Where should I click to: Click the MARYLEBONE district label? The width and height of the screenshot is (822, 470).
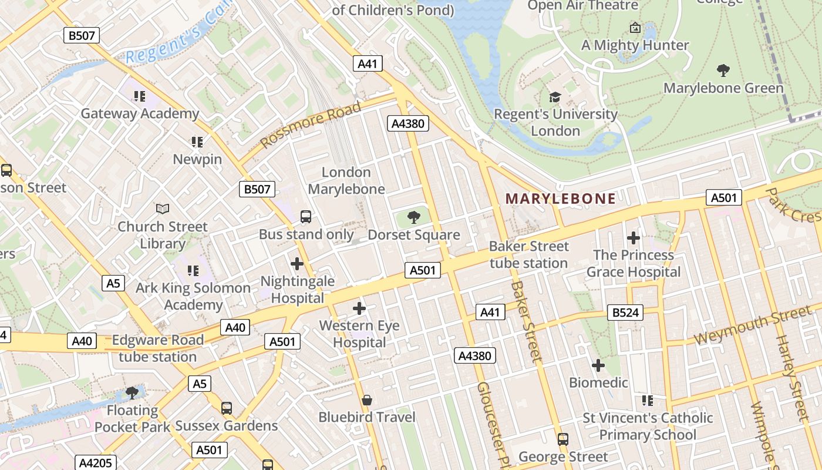pos(560,199)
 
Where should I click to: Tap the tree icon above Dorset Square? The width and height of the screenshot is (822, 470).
pos(414,217)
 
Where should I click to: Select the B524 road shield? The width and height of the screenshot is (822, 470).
pos(625,313)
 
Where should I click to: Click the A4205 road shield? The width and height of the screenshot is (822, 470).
pos(95,462)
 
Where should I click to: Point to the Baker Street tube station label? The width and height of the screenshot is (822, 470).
pos(528,254)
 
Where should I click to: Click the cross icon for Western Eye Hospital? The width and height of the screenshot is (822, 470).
pos(359,308)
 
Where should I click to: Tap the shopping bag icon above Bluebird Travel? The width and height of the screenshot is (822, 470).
pos(367,400)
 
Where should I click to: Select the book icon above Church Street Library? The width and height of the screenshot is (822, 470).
pos(163,209)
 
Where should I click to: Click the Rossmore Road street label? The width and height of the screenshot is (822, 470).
pos(311,125)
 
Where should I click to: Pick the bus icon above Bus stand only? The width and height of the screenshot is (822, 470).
pos(306,217)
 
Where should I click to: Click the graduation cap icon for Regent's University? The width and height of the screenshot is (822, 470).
pos(555,97)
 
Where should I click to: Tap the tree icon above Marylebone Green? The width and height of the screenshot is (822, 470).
pos(723,70)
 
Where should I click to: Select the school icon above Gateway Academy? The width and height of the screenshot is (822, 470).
pos(139,96)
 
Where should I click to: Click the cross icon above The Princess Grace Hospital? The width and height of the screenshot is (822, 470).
pos(633,238)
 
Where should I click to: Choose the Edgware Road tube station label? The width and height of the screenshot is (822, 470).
pos(157,348)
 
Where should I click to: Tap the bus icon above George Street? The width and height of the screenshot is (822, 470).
pos(562,439)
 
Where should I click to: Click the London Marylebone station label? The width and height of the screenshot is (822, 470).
pos(346,180)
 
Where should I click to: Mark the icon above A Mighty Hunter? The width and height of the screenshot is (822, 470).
pos(635,28)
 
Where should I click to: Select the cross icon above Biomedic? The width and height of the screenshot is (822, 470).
pos(598,365)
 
